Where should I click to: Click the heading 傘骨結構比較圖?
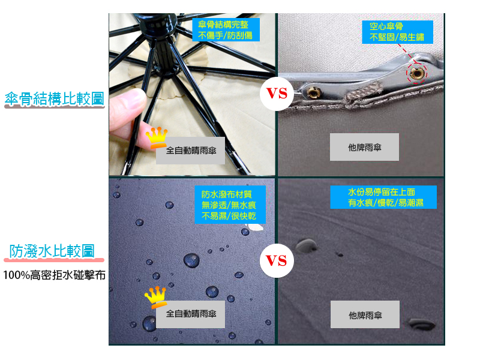pyautogui.click(x=55, y=99)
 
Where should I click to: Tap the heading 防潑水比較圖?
pyautogui.click(x=52, y=251)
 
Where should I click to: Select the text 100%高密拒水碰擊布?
pyautogui.click(x=54, y=275)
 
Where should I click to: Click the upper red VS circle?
pyautogui.click(x=277, y=94)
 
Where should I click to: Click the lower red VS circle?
pyautogui.click(x=277, y=260)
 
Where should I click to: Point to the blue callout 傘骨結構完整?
pyautogui.click(x=226, y=29)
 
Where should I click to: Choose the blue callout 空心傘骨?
pyautogui.click(x=397, y=32)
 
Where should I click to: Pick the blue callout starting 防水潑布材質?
pyautogui.click(x=230, y=205)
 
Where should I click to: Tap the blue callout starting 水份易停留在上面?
pyautogui.click(x=383, y=197)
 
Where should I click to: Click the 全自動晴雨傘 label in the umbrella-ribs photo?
pyautogui.click(x=190, y=151)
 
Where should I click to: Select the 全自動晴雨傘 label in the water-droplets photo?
pyautogui.click(x=190, y=314)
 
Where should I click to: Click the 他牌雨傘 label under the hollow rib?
pyautogui.click(x=364, y=147)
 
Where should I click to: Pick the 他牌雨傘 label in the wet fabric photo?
pyautogui.click(x=365, y=314)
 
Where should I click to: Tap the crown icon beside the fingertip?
pyautogui.click(x=157, y=137)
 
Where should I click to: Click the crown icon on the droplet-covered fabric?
pyautogui.click(x=156, y=297)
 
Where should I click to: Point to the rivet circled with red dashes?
pyautogui.click(x=416, y=73)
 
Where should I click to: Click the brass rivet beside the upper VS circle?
pyautogui.click(x=313, y=92)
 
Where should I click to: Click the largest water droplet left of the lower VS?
pyautogui.click(x=191, y=260)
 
